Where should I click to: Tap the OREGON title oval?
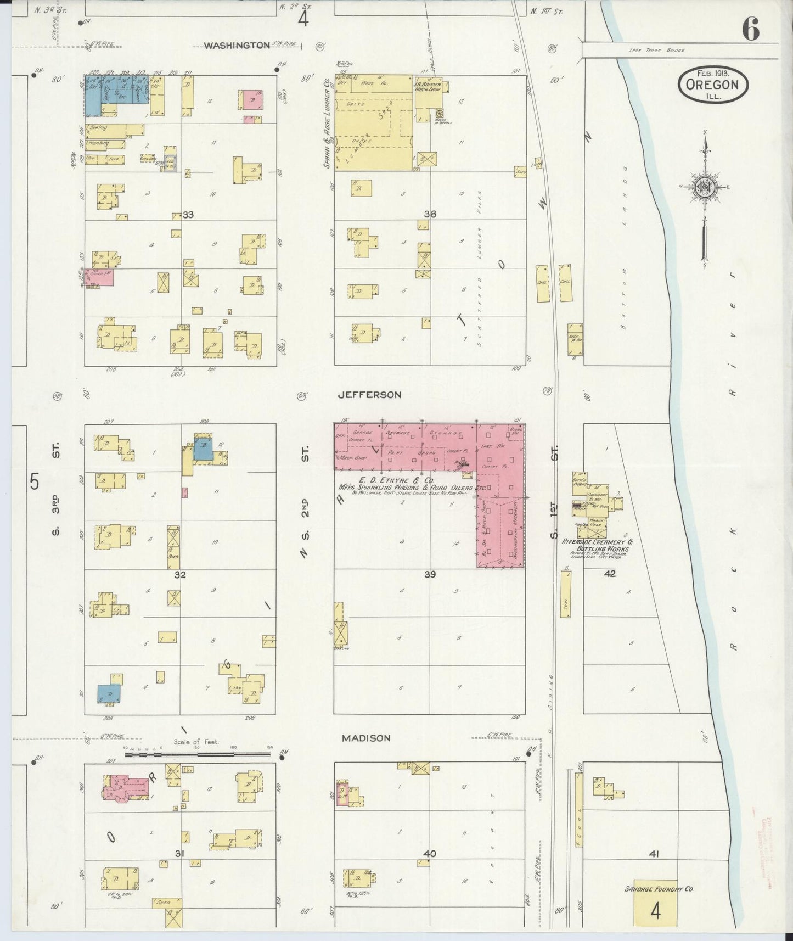(713, 85)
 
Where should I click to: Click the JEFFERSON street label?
(369, 395)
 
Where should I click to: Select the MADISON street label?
(366, 738)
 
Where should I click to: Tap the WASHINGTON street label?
(237, 46)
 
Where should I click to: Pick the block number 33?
(188, 215)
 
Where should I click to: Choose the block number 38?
(430, 214)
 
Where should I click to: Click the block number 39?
(430, 575)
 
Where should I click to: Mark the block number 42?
(610, 574)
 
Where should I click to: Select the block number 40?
(430, 869)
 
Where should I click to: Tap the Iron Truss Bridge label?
(658, 51)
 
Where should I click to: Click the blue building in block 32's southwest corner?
(109, 693)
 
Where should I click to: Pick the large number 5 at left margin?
(35, 482)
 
